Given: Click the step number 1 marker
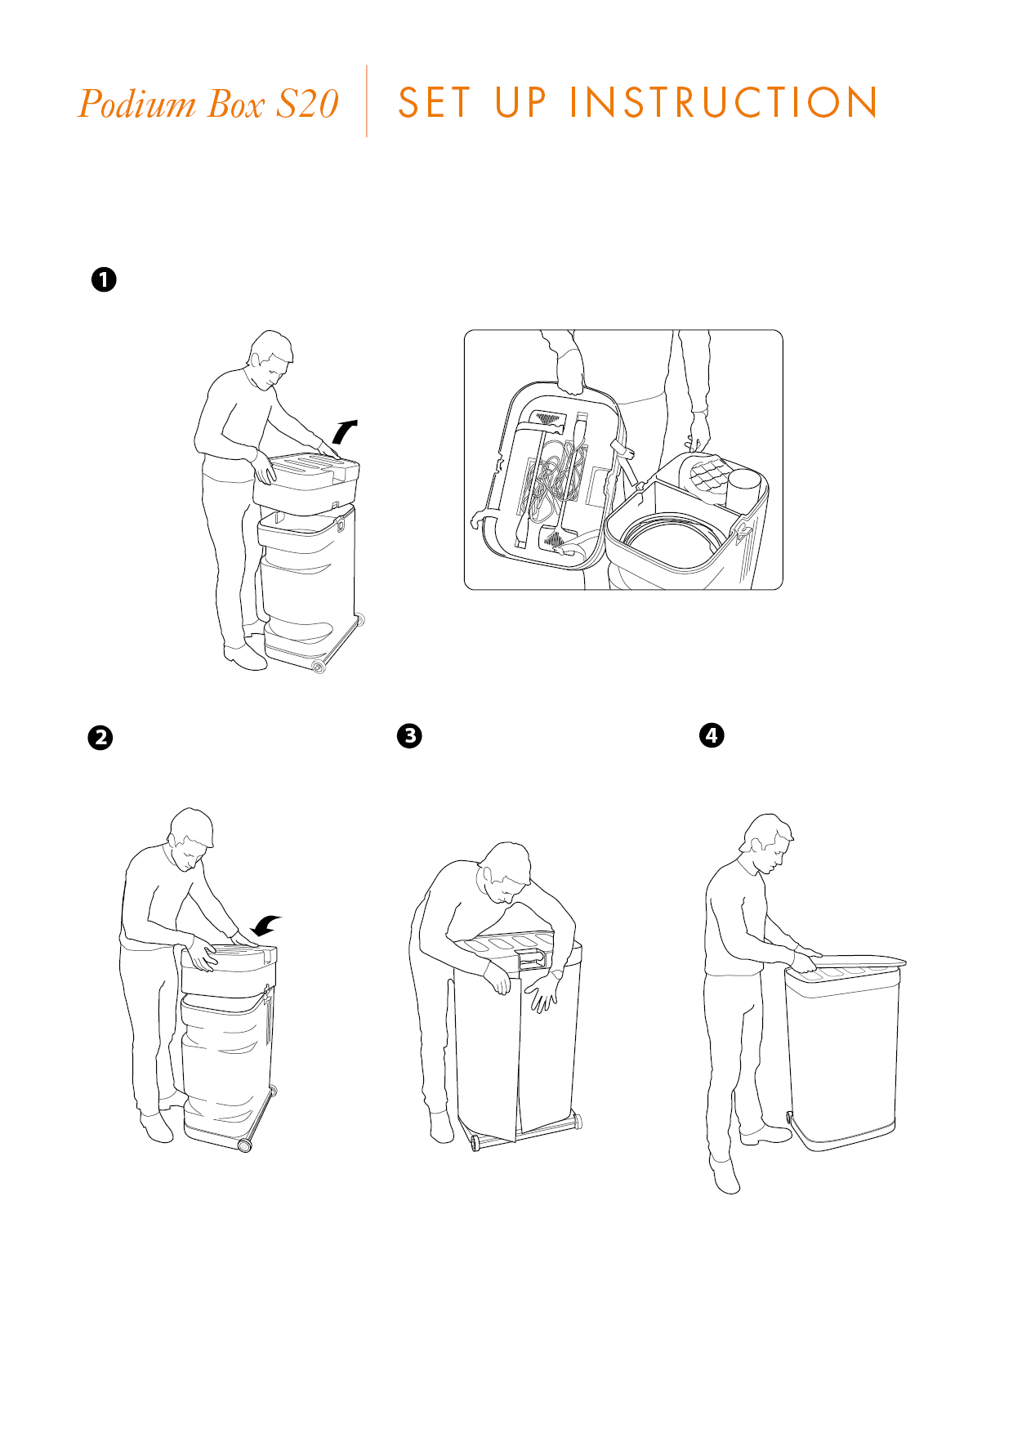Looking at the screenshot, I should coord(104,279).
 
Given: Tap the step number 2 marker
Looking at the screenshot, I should coord(100,738).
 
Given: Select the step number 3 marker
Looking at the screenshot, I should coord(409,735).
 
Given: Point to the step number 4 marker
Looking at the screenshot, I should coord(712,735).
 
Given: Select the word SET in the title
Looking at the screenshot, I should coord(434,103).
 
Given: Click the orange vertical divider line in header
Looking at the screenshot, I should coord(367,101).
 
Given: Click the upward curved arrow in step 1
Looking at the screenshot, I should coord(345,431).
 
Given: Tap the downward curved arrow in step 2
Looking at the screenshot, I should coord(266,926).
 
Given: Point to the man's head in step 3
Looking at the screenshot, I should coord(505,872).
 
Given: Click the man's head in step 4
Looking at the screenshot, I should coord(768,841).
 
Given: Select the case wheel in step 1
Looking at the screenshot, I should coord(319,667).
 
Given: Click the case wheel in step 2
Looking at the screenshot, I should coord(243,1145).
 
